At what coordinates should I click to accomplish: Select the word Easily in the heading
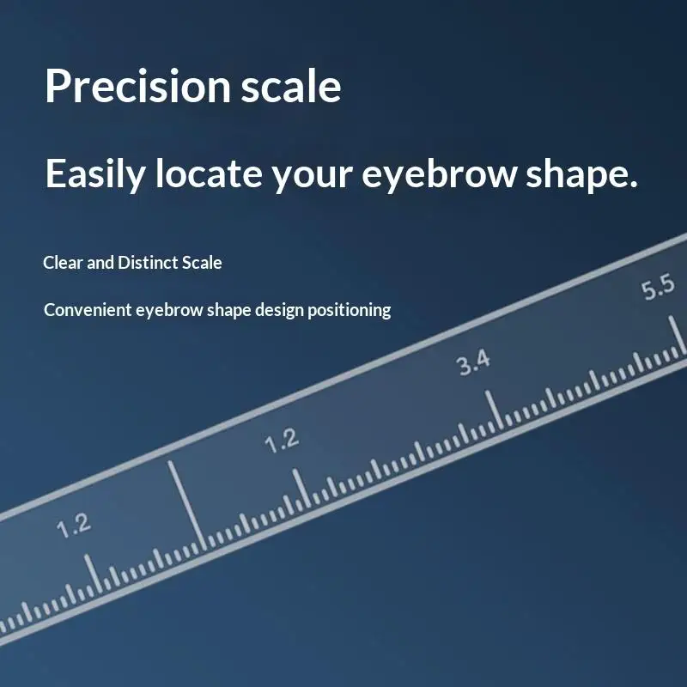pyautogui.click(x=95, y=174)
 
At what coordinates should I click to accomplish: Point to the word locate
pyautogui.click(x=209, y=174)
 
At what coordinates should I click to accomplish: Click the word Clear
pyautogui.click(x=63, y=263)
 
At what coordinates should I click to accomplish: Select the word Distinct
pyautogui.click(x=148, y=263)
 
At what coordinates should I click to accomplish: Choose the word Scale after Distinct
pyautogui.click(x=202, y=263)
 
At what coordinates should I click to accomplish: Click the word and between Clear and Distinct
pyautogui.click(x=100, y=263)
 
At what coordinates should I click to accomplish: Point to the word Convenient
pyautogui.click(x=88, y=310)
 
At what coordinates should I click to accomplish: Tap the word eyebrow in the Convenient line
pyautogui.click(x=167, y=311)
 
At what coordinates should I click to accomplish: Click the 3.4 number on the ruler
pyautogui.click(x=473, y=362)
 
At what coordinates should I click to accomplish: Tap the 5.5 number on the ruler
pyautogui.click(x=659, y=289)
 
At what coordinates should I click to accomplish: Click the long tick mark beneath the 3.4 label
pyautogui.click(x=492, y=409)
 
